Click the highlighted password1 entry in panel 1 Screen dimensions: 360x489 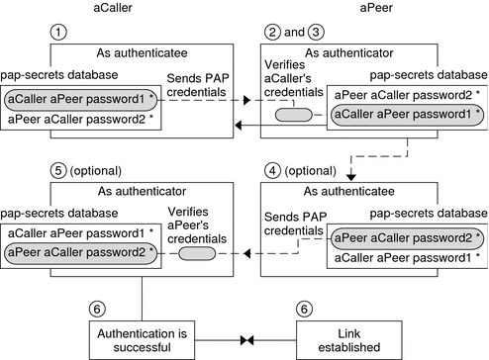pyautogui.click(x=81, y=100)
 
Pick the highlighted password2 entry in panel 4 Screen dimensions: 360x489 pyautogui.click(x=406, y=238)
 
